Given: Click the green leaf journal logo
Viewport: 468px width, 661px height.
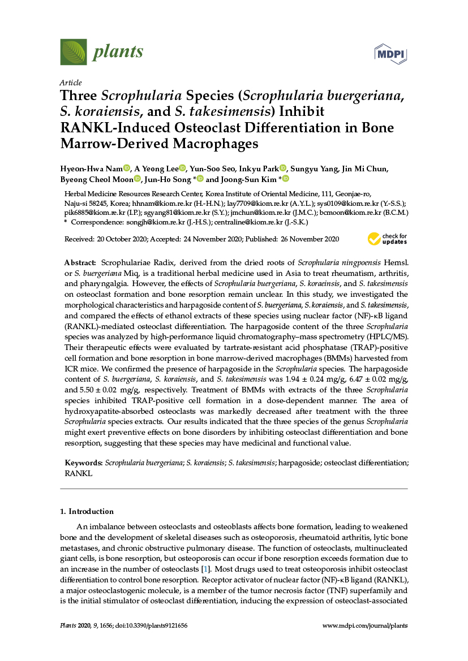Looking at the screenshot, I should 74,52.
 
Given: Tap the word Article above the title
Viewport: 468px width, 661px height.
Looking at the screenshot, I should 71,83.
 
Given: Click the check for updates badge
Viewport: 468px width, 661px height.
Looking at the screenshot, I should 387,239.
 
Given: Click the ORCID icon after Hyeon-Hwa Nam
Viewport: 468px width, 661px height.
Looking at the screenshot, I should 126,168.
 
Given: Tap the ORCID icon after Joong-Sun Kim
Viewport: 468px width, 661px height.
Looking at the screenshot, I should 286,179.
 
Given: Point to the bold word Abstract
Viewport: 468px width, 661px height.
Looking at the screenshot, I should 80,263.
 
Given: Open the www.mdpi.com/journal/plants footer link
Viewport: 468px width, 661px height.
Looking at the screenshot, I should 364,625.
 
